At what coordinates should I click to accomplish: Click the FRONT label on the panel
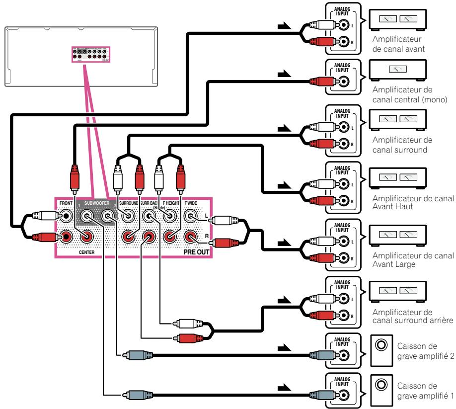pyautogui.click(x=64, y=204)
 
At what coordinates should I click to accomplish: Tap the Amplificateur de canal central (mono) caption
pyautogui.click(x=412, y=94)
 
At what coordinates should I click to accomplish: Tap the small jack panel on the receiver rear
pyautogui.click(x=90, y=54)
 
